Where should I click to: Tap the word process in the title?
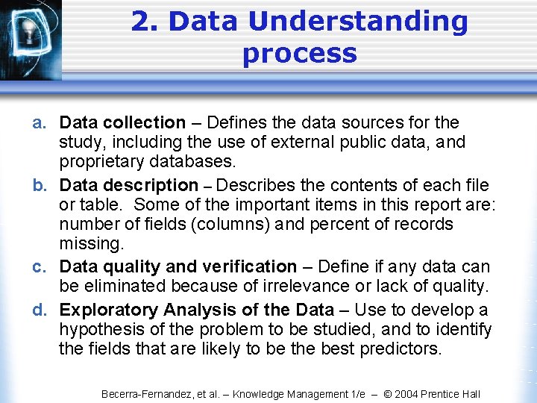[x=299, y=54]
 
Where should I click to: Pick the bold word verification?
[x=248, y=266]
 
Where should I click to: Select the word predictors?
[x=401, y=349]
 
